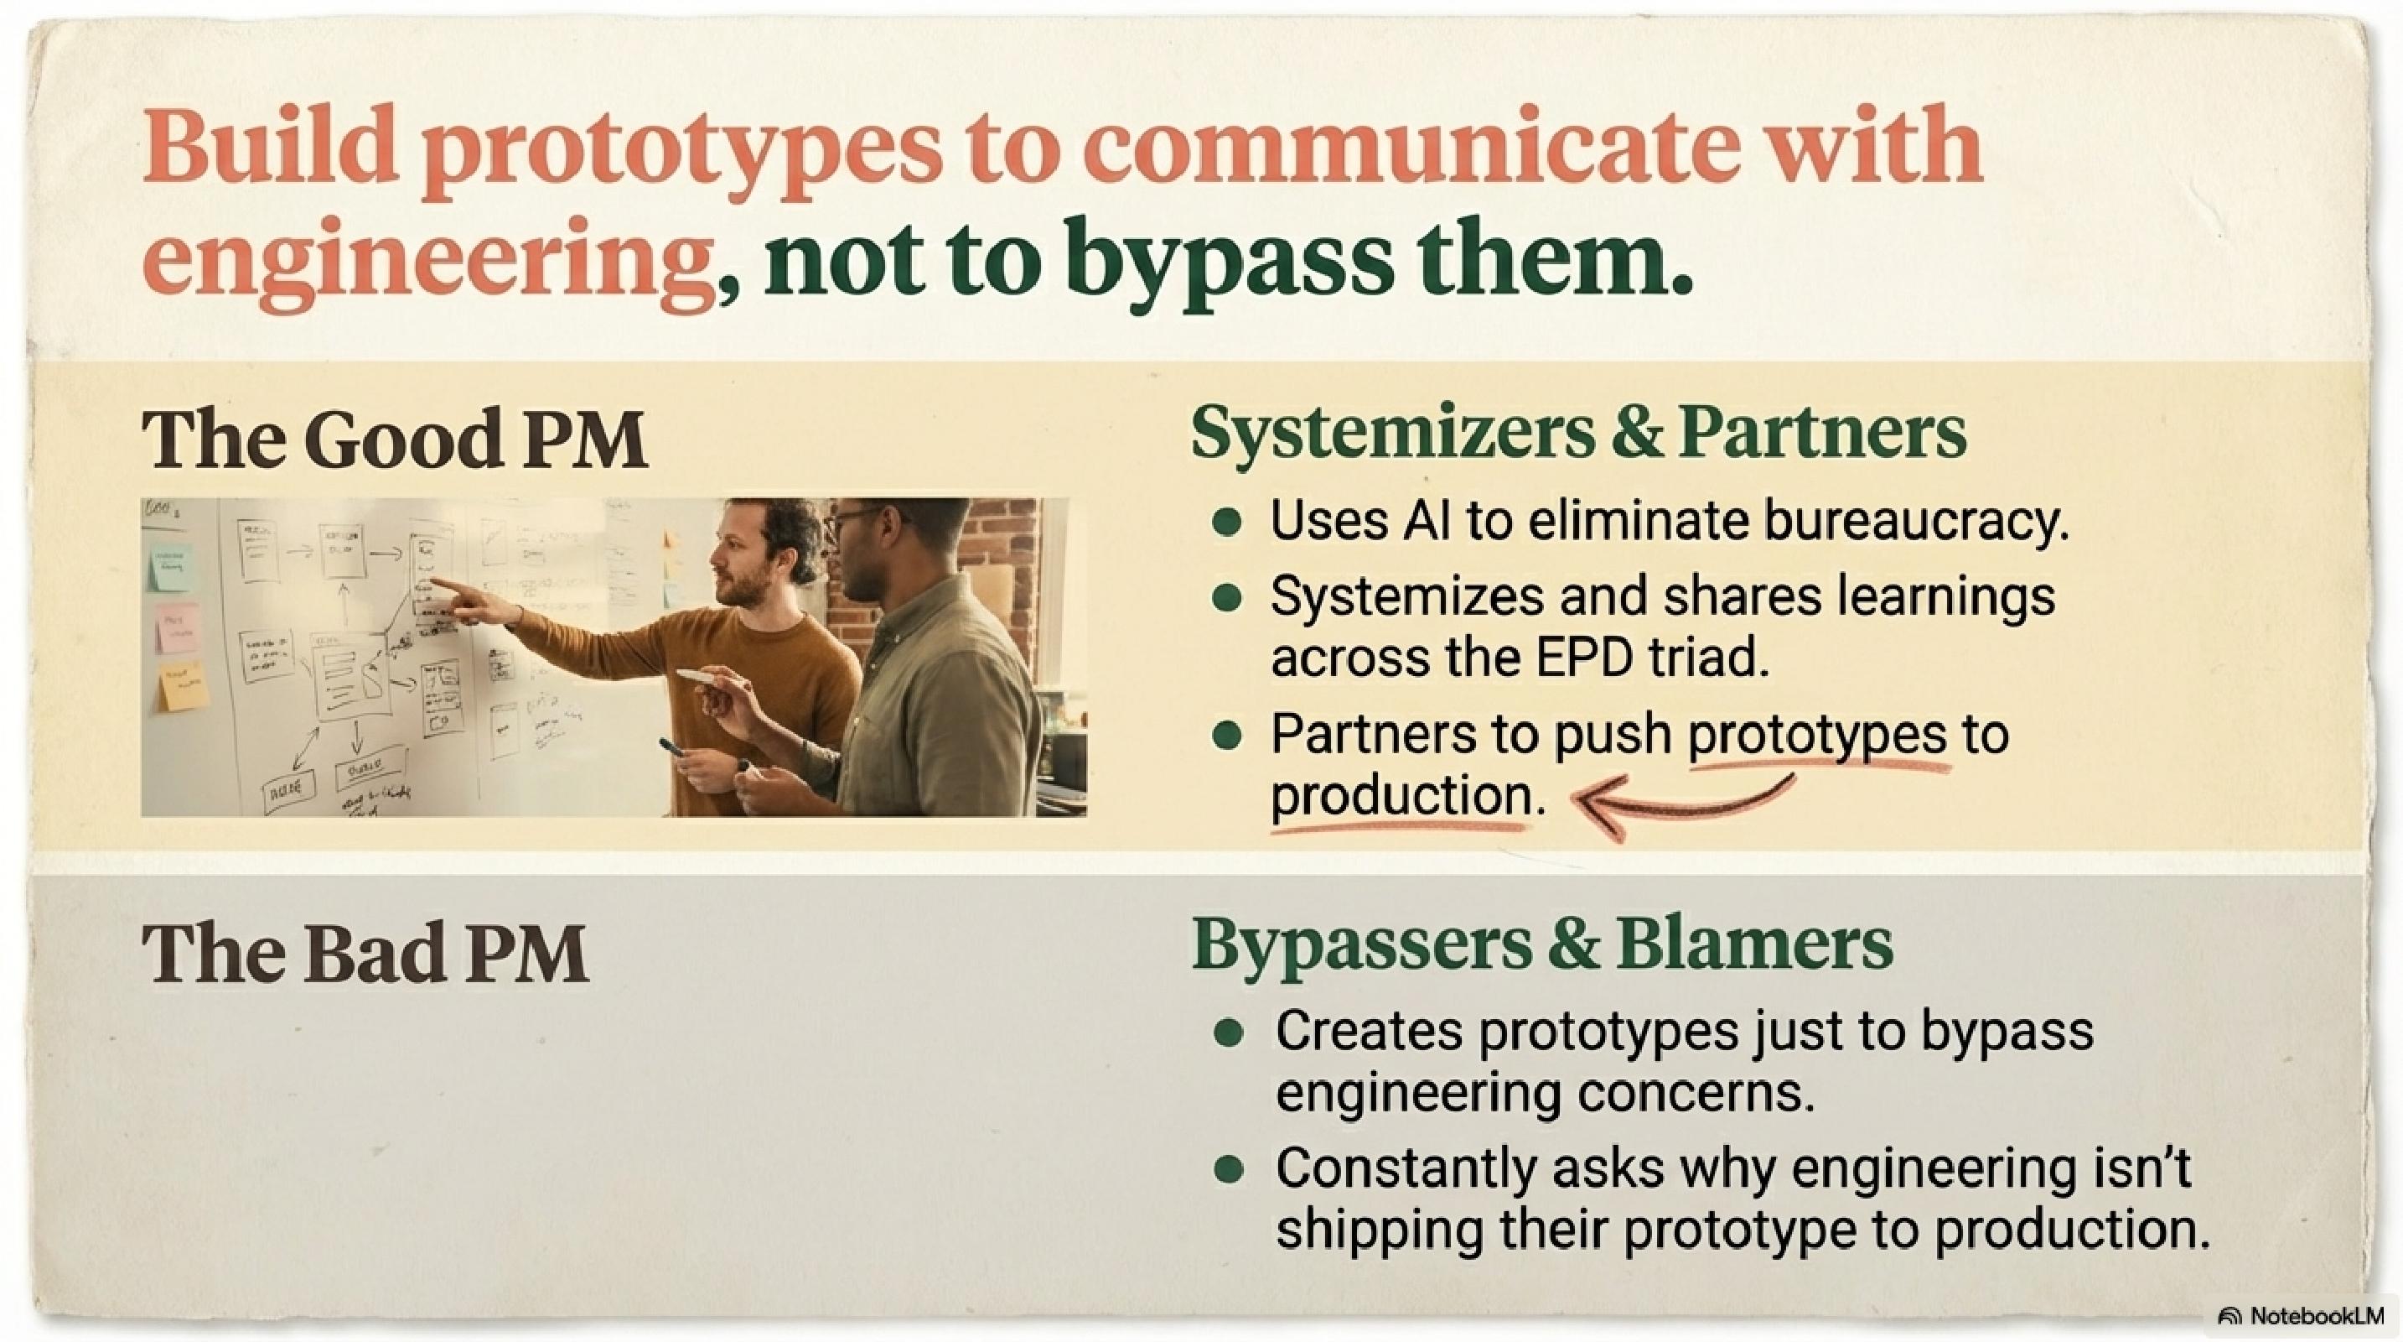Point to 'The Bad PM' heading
(365, 954)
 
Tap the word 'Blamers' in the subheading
(1754, 945)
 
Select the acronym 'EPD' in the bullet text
(1585, 658)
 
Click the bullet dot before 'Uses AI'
(1228, 522)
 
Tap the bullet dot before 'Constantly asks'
(1230, 1168)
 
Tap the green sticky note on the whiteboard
(172, 566)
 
